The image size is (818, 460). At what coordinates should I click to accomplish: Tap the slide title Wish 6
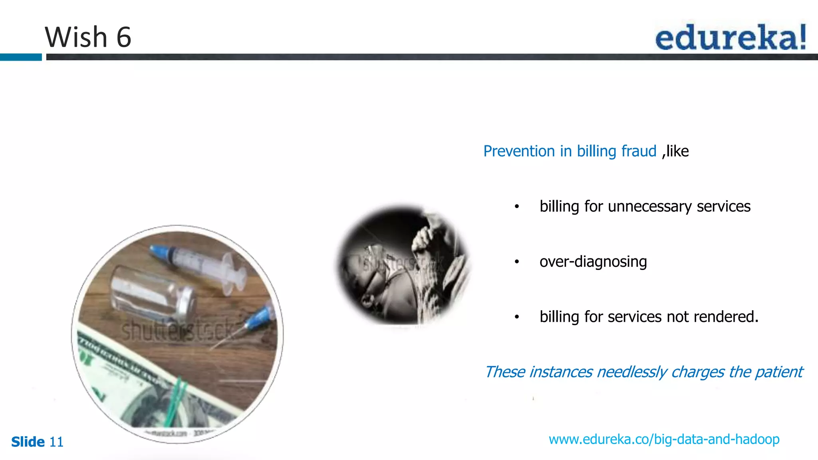tap(88, 37)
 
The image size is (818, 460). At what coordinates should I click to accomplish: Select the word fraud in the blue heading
tap(639, 151)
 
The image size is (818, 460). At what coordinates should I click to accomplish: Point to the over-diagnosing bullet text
tap(593, 262)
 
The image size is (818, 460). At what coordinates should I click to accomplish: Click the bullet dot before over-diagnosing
tap(517, 262)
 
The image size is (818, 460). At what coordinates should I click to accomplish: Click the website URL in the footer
tap(664, 439)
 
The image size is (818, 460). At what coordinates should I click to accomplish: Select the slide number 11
tap(56, 442)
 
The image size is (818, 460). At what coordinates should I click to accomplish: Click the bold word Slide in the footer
tap(28, 442)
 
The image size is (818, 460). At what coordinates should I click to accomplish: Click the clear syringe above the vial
tap(200, 266)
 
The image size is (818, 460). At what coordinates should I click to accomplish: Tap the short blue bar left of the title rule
tap(21, 57)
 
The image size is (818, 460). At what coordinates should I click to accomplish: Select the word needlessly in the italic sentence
tap(631, 372)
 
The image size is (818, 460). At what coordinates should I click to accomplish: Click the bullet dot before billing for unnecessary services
tap(517, 207)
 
